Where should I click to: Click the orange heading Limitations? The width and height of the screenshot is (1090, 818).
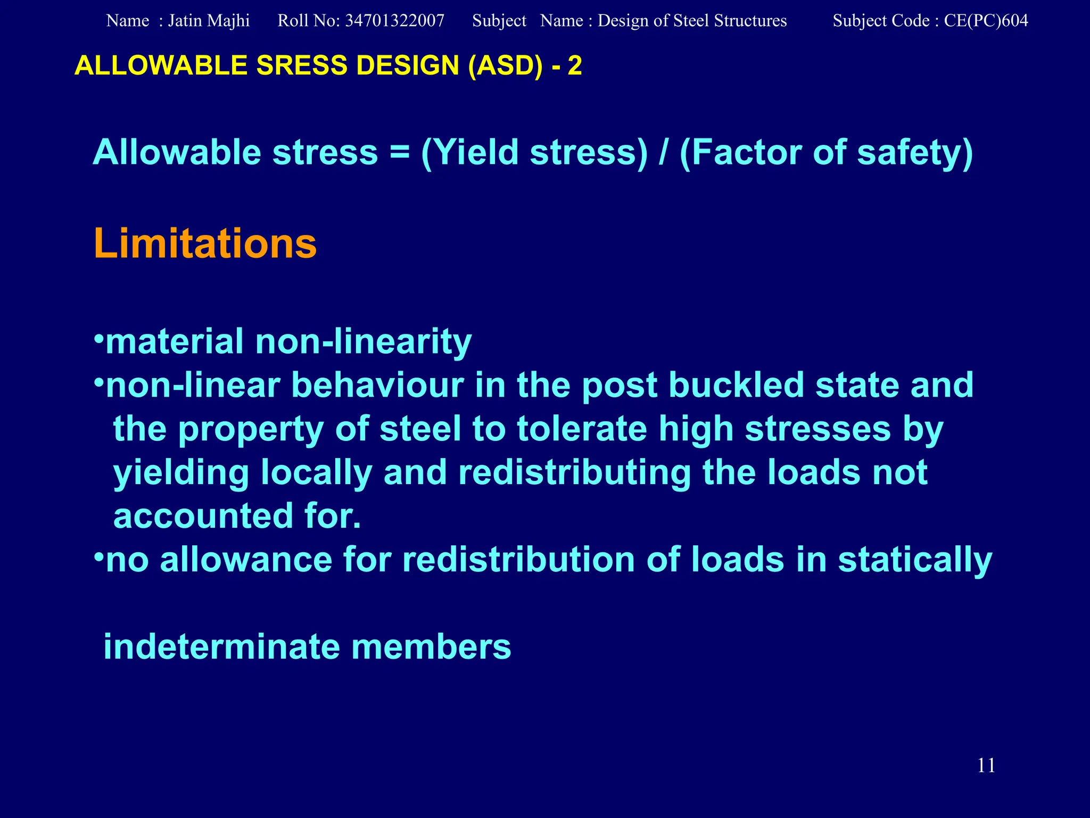(205, 244)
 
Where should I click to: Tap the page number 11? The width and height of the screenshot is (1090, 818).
(986, 765)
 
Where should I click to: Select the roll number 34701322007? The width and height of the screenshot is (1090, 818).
(394, 21)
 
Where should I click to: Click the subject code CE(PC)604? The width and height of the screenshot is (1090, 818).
(986, 21)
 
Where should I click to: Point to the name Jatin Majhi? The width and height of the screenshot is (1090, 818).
(209, 21)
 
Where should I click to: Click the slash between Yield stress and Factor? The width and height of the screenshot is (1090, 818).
(663, 153)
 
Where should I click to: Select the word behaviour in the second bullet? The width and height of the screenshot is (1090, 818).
(377, 385)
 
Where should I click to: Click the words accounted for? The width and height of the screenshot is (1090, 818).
(237, 516)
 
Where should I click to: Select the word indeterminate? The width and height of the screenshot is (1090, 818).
(221, 647)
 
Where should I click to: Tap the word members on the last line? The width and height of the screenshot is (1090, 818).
(431, 647)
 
